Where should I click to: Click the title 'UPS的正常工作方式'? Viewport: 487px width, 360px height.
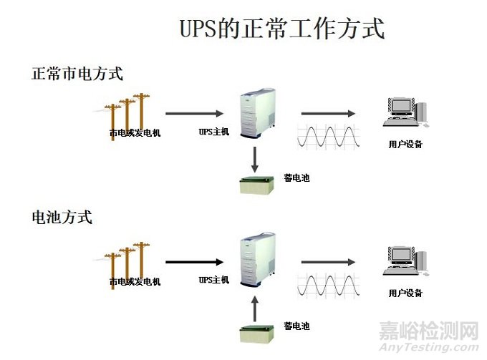pos(281,29)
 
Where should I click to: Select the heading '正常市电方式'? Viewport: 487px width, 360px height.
pos(77,73)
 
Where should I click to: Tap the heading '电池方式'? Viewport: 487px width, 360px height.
pos(62,217)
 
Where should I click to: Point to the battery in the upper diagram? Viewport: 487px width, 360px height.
pos(257,184)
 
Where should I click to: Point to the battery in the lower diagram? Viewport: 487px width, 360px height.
pos(257,333)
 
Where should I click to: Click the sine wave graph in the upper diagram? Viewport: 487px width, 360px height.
pos(328,137)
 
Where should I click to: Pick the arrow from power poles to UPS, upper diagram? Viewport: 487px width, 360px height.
pos(193,113)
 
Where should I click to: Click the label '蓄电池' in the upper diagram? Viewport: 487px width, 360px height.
pos(296,177)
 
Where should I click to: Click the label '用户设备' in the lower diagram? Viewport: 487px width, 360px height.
pos(405,293)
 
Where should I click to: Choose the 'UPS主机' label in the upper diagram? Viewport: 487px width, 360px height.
pos(213,132)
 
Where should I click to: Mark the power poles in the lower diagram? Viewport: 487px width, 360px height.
pos(127,258)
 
